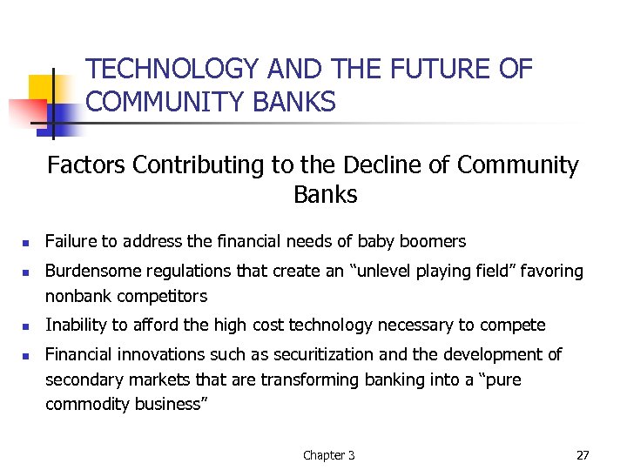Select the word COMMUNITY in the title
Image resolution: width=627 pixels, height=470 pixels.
point(164,103)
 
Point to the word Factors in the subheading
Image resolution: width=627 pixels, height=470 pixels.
point(85,164)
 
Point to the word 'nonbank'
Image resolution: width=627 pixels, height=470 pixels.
point(77,296)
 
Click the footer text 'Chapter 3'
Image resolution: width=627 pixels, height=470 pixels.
point(328,455)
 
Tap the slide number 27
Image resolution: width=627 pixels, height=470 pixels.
point(583,454)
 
